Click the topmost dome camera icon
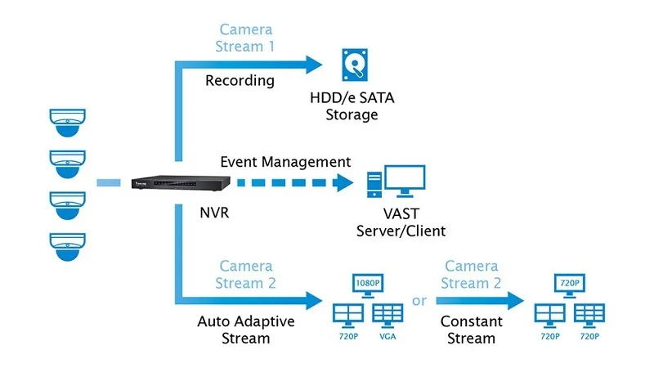(68, 121)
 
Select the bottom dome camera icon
(68, 245)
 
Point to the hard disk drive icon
(355, 64)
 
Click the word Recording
(240, 81)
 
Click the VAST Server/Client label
(401, 222)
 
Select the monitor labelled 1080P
(367, 285)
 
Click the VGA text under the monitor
(387, 337)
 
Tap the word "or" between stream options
(419, 301)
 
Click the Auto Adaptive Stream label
(245, 329)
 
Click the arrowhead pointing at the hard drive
(315, 61)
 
